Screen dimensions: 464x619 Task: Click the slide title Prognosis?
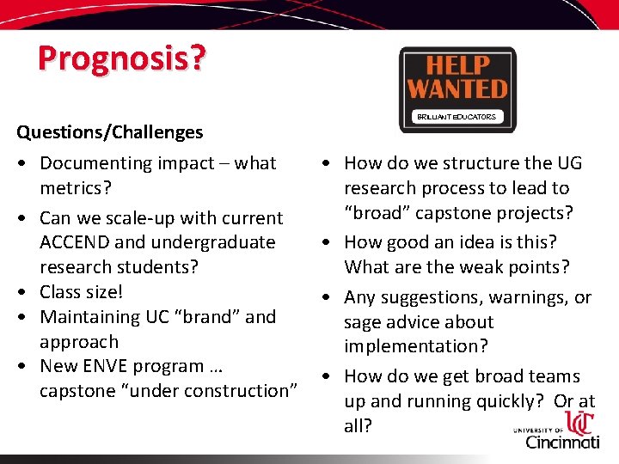pos(121,58)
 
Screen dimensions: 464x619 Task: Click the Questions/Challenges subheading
pos(110,132)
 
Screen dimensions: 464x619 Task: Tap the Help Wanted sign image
pos(457,88)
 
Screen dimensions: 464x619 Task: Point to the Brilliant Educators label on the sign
pos(457,116)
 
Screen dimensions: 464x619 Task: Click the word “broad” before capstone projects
pos(377,213)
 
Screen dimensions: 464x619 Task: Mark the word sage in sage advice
pos(363,323)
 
